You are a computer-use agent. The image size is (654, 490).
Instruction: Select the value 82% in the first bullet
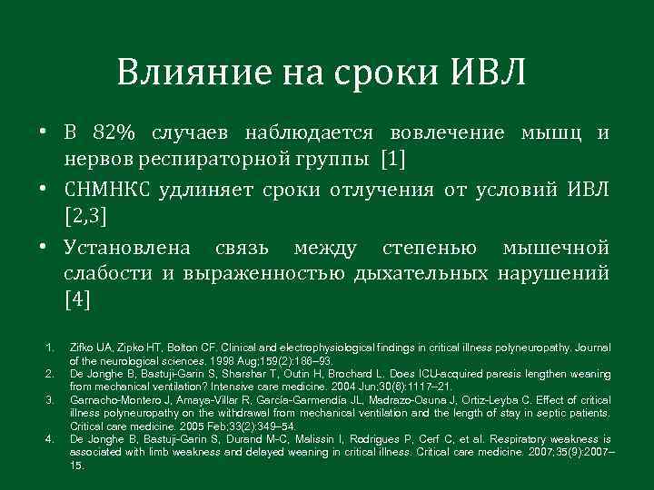114,133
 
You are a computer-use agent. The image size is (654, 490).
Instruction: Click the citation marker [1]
393,160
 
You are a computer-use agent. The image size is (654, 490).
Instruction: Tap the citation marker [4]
77,300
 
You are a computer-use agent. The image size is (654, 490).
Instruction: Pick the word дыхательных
419,274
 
